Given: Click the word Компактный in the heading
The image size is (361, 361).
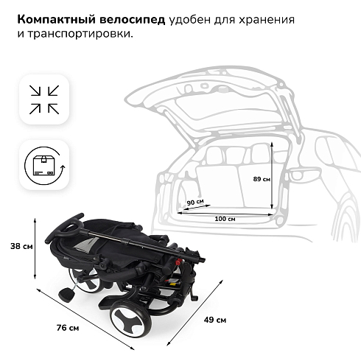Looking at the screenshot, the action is (x=56, y=20).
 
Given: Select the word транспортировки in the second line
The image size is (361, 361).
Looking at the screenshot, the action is (x=80, y=34).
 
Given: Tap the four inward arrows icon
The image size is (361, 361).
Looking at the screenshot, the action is (x=44, y=99).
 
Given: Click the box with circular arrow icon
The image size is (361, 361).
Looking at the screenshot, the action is (x=45, y=165).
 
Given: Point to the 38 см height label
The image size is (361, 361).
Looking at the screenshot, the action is (x=21, y=246).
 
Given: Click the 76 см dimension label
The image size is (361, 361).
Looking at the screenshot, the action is (x=68, y=328).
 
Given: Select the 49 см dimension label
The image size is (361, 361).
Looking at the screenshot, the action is (x=215, y=320).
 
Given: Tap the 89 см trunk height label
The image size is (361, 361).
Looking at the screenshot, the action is (x=262, y=179).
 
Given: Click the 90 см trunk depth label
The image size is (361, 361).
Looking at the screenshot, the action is (x=195, y=202).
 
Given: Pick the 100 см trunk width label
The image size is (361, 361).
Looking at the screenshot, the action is (x=225, y=219).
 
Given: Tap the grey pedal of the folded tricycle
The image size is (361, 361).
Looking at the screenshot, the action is (x=66, y=295).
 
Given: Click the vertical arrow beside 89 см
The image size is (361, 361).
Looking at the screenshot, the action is (x=272, y=175).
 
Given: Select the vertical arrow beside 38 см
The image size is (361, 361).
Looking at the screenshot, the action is (x=35, y=248).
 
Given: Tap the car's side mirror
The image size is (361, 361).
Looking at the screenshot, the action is (x=304, y=175).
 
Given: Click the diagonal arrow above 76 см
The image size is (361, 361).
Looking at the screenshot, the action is (x=85, y=319).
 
